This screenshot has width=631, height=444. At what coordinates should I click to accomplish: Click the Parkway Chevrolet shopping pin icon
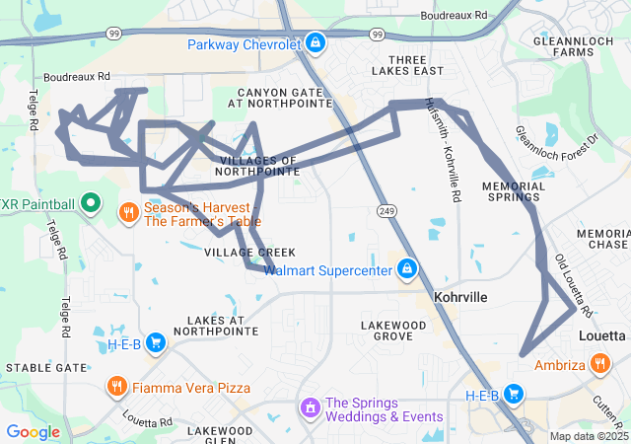click(315, 42)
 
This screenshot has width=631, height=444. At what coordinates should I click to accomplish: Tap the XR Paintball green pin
click(91, 204)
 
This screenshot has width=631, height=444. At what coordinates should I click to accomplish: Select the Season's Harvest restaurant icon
click(129, 212)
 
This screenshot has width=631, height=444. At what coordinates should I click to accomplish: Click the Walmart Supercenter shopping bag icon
click(406, 268)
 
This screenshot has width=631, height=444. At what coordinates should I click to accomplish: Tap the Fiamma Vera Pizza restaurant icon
click(117, 387)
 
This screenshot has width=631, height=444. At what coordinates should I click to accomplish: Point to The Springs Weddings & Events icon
click(310, 407)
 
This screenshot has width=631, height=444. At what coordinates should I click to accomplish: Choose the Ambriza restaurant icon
click(601, 365)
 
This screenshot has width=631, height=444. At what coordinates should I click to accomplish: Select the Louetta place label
click(601, 336)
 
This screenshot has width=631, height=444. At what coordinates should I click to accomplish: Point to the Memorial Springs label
click(514, 191)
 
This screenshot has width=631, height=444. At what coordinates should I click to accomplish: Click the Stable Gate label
click(46, 367)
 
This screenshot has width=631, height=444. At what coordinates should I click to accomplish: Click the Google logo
click(34, 431)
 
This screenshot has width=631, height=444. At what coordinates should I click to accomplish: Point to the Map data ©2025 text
click(589, 436)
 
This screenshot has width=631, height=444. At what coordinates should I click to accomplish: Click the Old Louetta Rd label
click(573, 286)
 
